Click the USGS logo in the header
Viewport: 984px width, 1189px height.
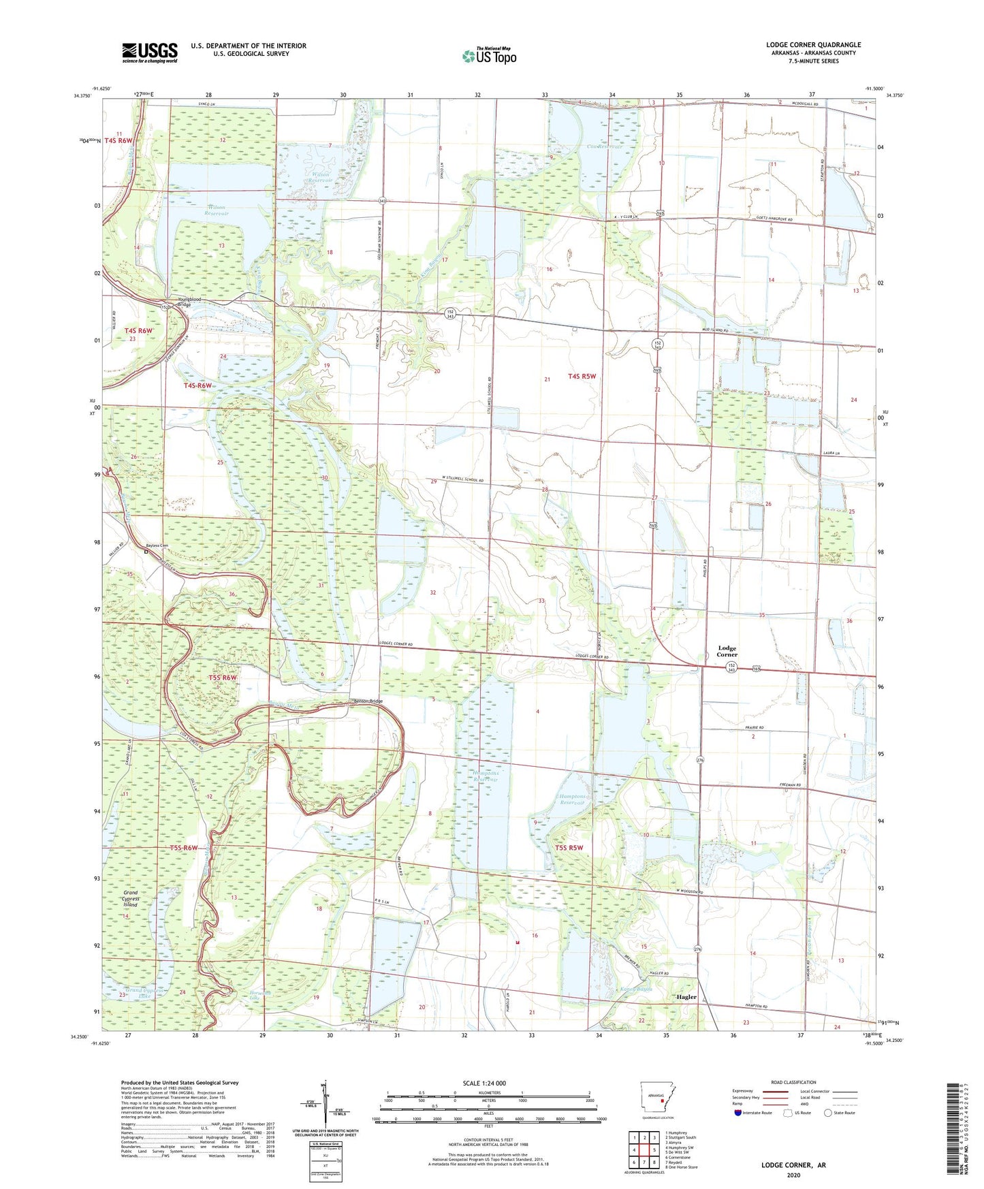149,52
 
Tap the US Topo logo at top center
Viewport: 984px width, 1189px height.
488,56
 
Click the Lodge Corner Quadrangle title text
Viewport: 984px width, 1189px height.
813,45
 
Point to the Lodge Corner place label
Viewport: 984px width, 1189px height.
727,651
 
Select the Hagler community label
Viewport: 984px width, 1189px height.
686,996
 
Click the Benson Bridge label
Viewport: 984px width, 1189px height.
368,701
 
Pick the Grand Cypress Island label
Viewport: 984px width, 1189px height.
130,898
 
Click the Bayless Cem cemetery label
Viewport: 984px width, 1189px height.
157,545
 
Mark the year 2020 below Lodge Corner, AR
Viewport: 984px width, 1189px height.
793,1175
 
